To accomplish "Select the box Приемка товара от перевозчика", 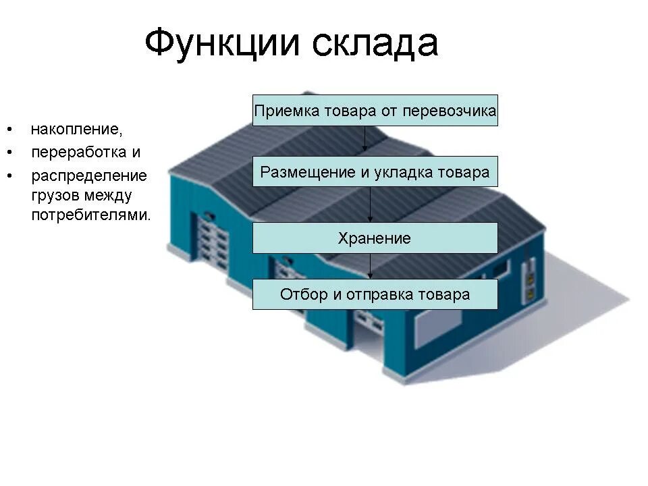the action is pos(375,111).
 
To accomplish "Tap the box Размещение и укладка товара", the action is pos(375,172).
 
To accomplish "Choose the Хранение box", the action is pos(375,238).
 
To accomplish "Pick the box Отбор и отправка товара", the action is pos(375,294).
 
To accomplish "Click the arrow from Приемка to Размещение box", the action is pos(365,139).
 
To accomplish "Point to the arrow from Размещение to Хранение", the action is pos(371,205).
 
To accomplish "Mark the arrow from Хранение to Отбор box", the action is pos(371,266).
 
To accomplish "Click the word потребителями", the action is pos(91,215).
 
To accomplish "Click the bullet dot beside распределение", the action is pos(10,175).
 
